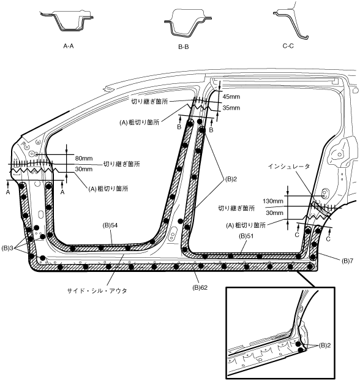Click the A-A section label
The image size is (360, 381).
click(x=68, y=46)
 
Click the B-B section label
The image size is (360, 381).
click(x=184, y=47)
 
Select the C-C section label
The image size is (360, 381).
click(x=288, y=46)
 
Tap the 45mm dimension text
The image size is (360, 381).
click(x=231, y=97)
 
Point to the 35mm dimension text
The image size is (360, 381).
click(x=231, y=108)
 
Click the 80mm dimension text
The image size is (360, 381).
click(x=84, y=159)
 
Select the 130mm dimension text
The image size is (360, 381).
click(x=273, y=201)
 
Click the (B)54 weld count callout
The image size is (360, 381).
click(x=110, y=225)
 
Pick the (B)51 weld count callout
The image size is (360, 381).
click(x=246, y=236)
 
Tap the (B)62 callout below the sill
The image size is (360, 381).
click(x=200, y=288)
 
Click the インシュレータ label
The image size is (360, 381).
click(x=289, y=167)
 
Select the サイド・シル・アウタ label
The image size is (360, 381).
click(x=97, y=290)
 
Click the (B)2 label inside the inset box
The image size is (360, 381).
click(x=324, y=345)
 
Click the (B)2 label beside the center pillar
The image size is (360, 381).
click(x=231, y=179)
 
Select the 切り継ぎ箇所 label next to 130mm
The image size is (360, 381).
click(x=236, y=208)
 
